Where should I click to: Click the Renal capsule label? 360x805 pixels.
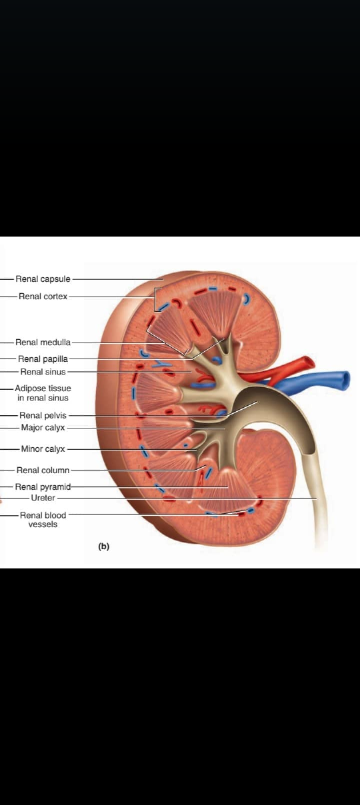[43, 279]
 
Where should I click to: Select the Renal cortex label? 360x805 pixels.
[43, 297]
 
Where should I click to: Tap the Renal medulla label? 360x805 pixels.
[43, 342]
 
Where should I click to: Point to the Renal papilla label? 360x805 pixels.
[43, 359]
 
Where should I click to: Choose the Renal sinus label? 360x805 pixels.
[43, 372]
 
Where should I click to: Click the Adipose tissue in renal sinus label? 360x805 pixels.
[43, 393]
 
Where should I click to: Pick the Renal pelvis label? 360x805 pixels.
[43, 415]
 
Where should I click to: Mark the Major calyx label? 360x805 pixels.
[43, 427]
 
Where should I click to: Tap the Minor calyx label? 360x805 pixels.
[43, 448]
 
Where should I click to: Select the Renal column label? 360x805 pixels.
[43, 470]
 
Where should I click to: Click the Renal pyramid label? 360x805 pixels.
[43, 487]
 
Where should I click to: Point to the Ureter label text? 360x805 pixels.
[43, 498]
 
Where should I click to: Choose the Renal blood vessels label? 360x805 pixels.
[43, 520]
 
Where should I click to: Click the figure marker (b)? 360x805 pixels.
[103, 546]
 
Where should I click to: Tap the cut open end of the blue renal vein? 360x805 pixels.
[346, 379]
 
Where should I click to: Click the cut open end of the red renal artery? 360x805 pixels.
[310, 362]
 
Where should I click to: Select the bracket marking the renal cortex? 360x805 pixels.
[155, 300]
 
